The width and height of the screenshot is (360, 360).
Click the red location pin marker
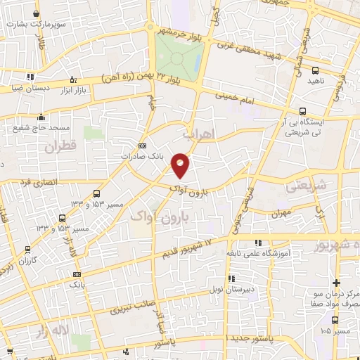(181, 165)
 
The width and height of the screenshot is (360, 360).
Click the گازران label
(28, 260)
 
